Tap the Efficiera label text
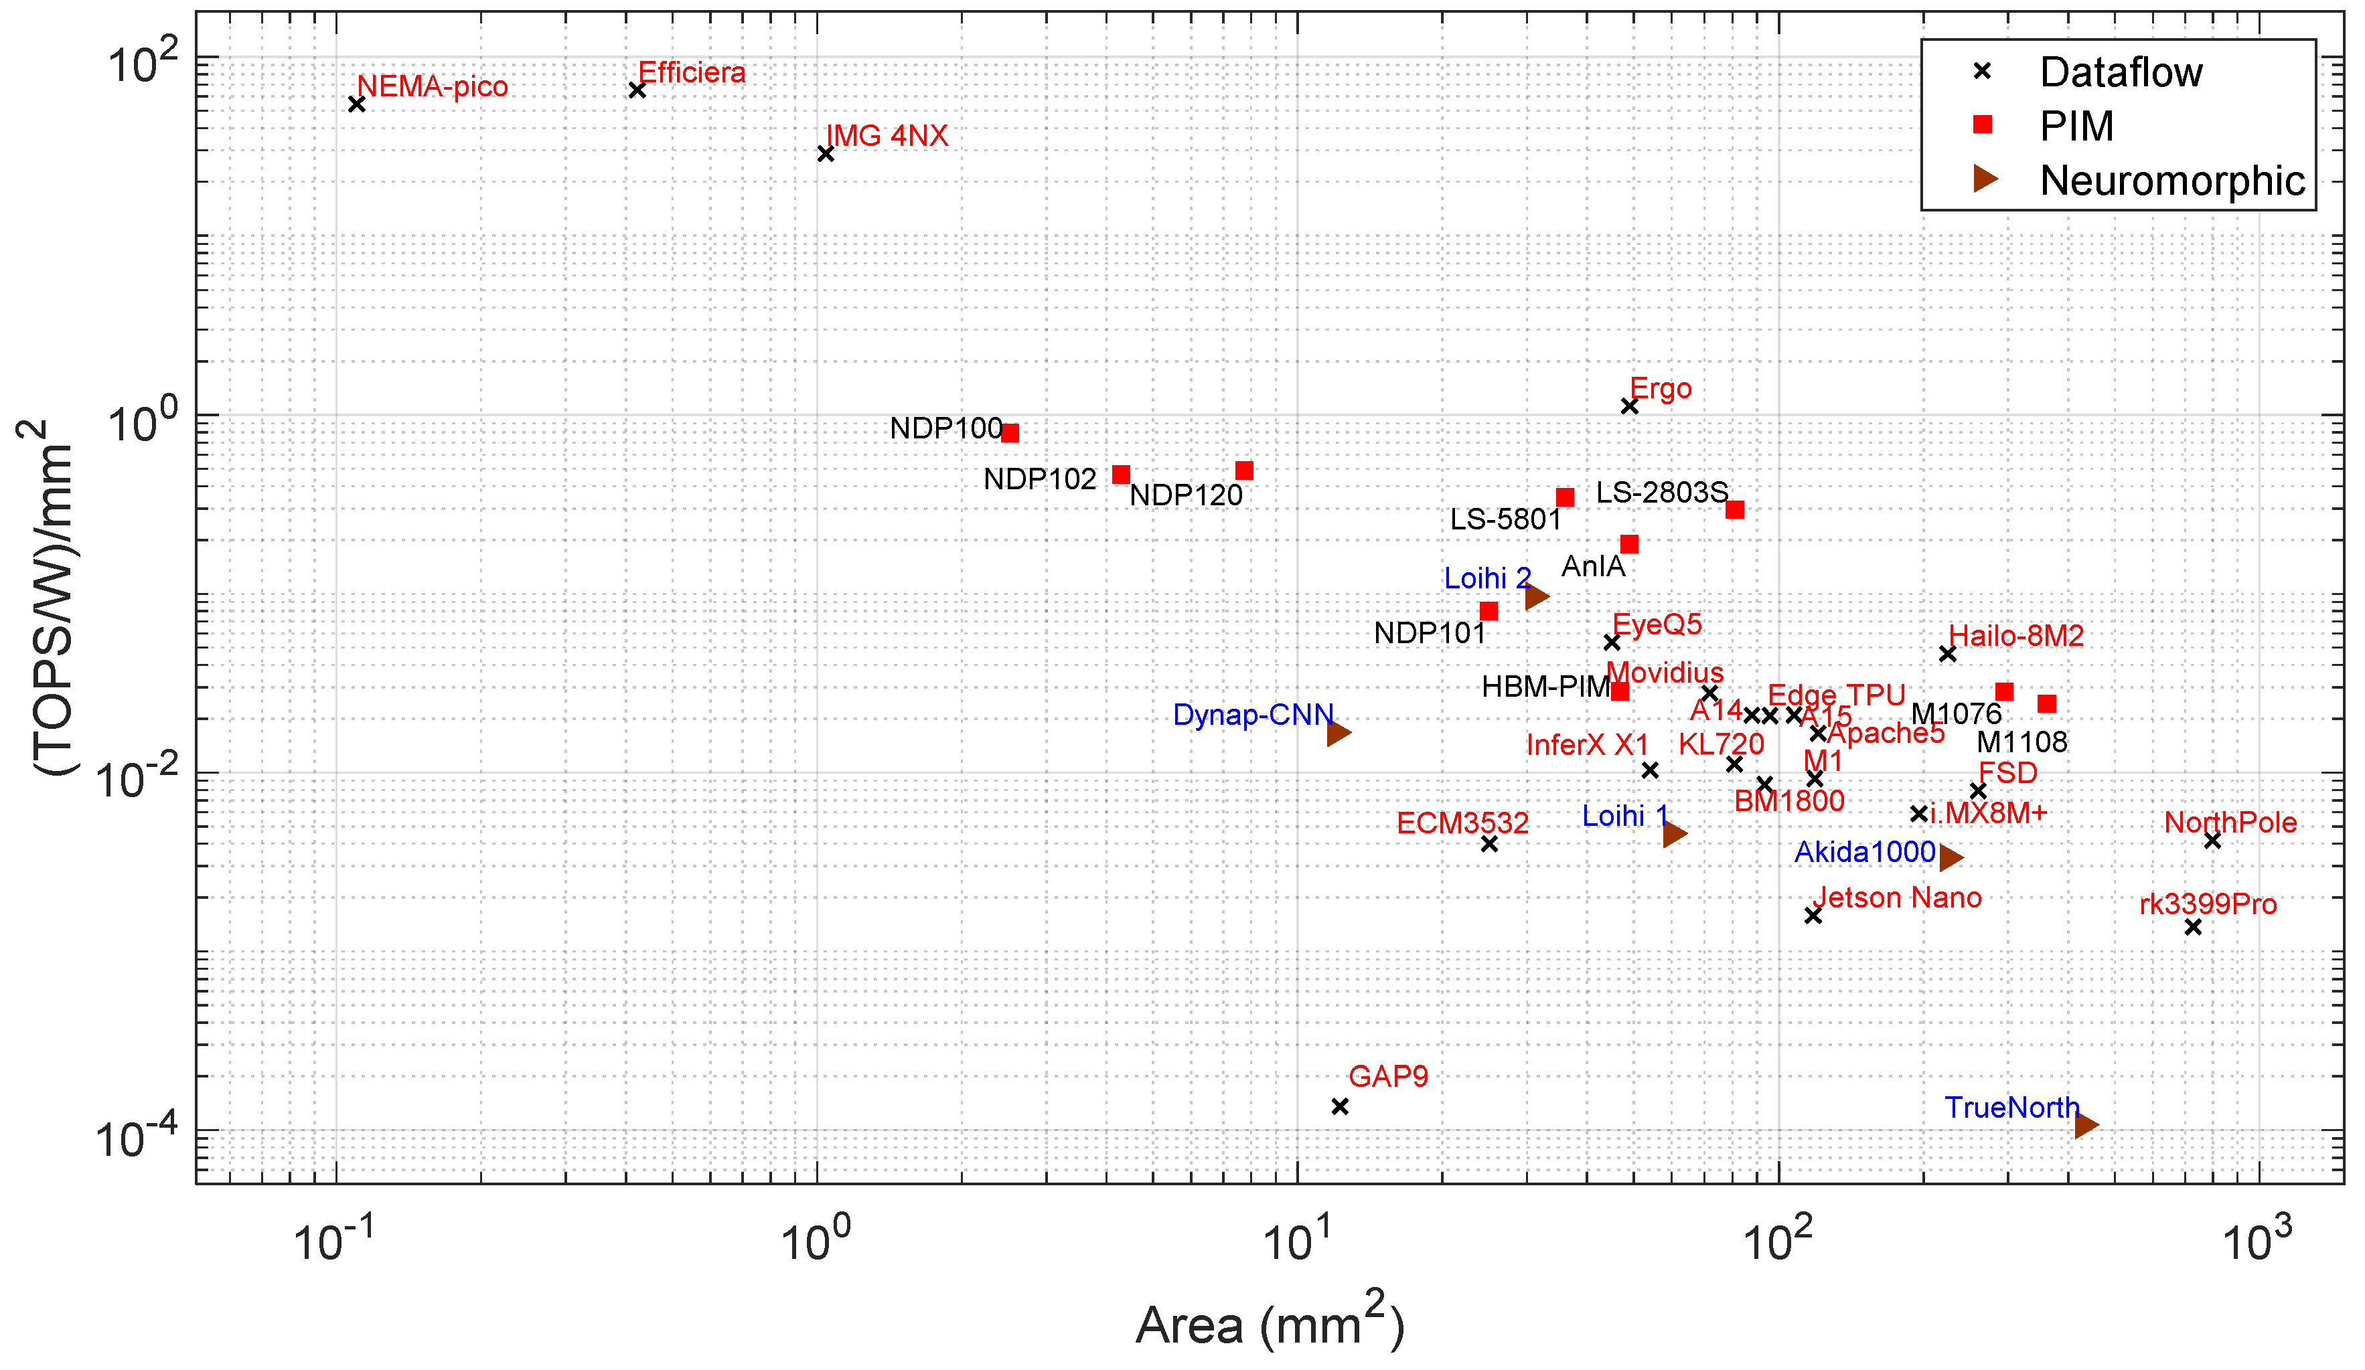pyautogui.click(x=692, y=72)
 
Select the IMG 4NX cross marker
pyautogui.click(x=826, y=154)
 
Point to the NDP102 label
pyautogui.click(x=1040, y=479)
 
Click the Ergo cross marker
pyautogui.click(x=1629, y=406)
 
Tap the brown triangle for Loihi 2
pyautogui.click(x=1535, y=597)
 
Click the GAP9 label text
pyautogui.click(x=1388, y=1076)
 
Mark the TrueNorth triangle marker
pyautogui.click(x=2085, y=1125)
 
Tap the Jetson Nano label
pyautogui.click(x=1897, y=898)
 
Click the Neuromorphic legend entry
pyautogui.click(x=2171, y=180)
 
